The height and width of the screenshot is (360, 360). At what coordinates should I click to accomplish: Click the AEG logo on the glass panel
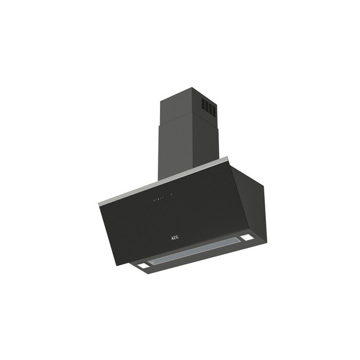coord(175,238)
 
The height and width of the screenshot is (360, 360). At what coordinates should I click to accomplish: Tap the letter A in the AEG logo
coord(172,238)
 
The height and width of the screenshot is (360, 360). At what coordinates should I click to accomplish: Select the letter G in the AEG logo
coord(177,237)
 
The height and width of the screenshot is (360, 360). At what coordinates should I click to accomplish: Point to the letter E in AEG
coord(175,238)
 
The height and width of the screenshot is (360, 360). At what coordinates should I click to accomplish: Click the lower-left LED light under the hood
coord(143,266)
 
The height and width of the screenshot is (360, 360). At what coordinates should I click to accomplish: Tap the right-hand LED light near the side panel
coord(246,238)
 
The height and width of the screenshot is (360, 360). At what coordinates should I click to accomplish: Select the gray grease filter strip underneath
coord(194,251)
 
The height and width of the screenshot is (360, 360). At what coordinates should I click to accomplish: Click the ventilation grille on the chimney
coord(209,107)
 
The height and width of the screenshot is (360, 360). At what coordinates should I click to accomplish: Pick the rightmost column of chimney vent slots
coord(214,111)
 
